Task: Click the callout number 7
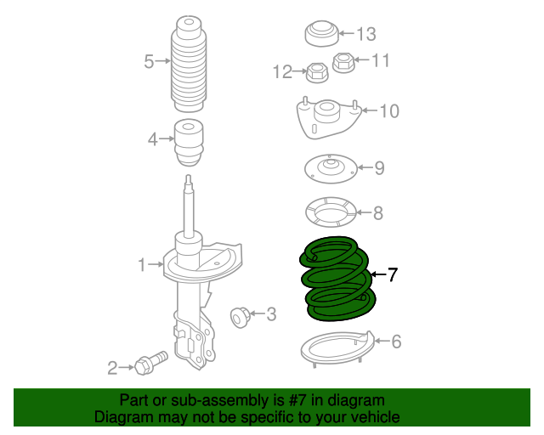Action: [392, 274]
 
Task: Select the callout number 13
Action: [365, 34]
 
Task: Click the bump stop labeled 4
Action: [189, 142]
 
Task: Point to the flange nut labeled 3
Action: [241, 317]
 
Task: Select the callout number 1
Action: [142, 265]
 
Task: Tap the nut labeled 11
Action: [343, 62]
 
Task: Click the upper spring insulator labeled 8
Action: [330, 212]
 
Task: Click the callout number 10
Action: [388, 110]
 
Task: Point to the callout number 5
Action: [149, 61]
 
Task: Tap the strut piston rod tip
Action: [189, 180]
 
